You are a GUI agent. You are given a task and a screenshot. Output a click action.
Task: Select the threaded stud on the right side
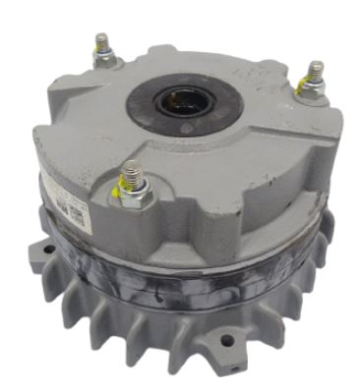(315, 73)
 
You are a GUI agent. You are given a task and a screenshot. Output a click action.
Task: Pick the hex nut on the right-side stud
(312, 89)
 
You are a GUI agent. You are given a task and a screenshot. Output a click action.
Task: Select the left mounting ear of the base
(41, 258)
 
